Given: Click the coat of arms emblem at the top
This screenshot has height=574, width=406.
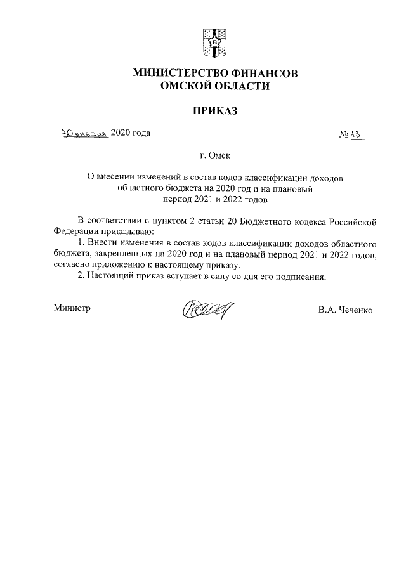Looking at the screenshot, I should (214, 41).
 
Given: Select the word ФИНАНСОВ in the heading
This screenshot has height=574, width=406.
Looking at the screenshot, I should (266, 74).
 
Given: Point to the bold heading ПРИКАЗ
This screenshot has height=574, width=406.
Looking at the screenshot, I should (214, 111).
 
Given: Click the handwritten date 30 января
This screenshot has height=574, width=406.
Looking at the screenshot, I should (84, 133).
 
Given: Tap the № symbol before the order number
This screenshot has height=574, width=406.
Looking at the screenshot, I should (346, 134).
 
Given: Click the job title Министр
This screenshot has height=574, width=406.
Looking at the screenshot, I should (72, 308).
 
